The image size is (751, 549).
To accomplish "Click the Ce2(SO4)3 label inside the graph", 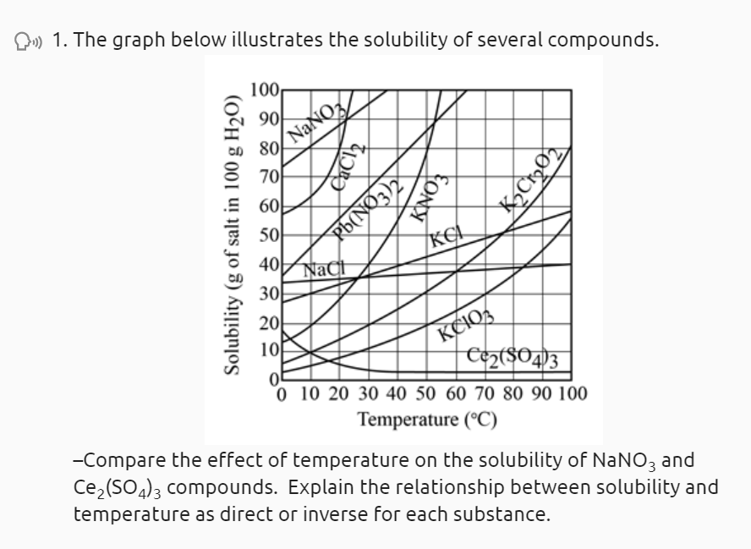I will tap(518, 360).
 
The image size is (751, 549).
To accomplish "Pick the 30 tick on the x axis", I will tap(369, 394).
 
